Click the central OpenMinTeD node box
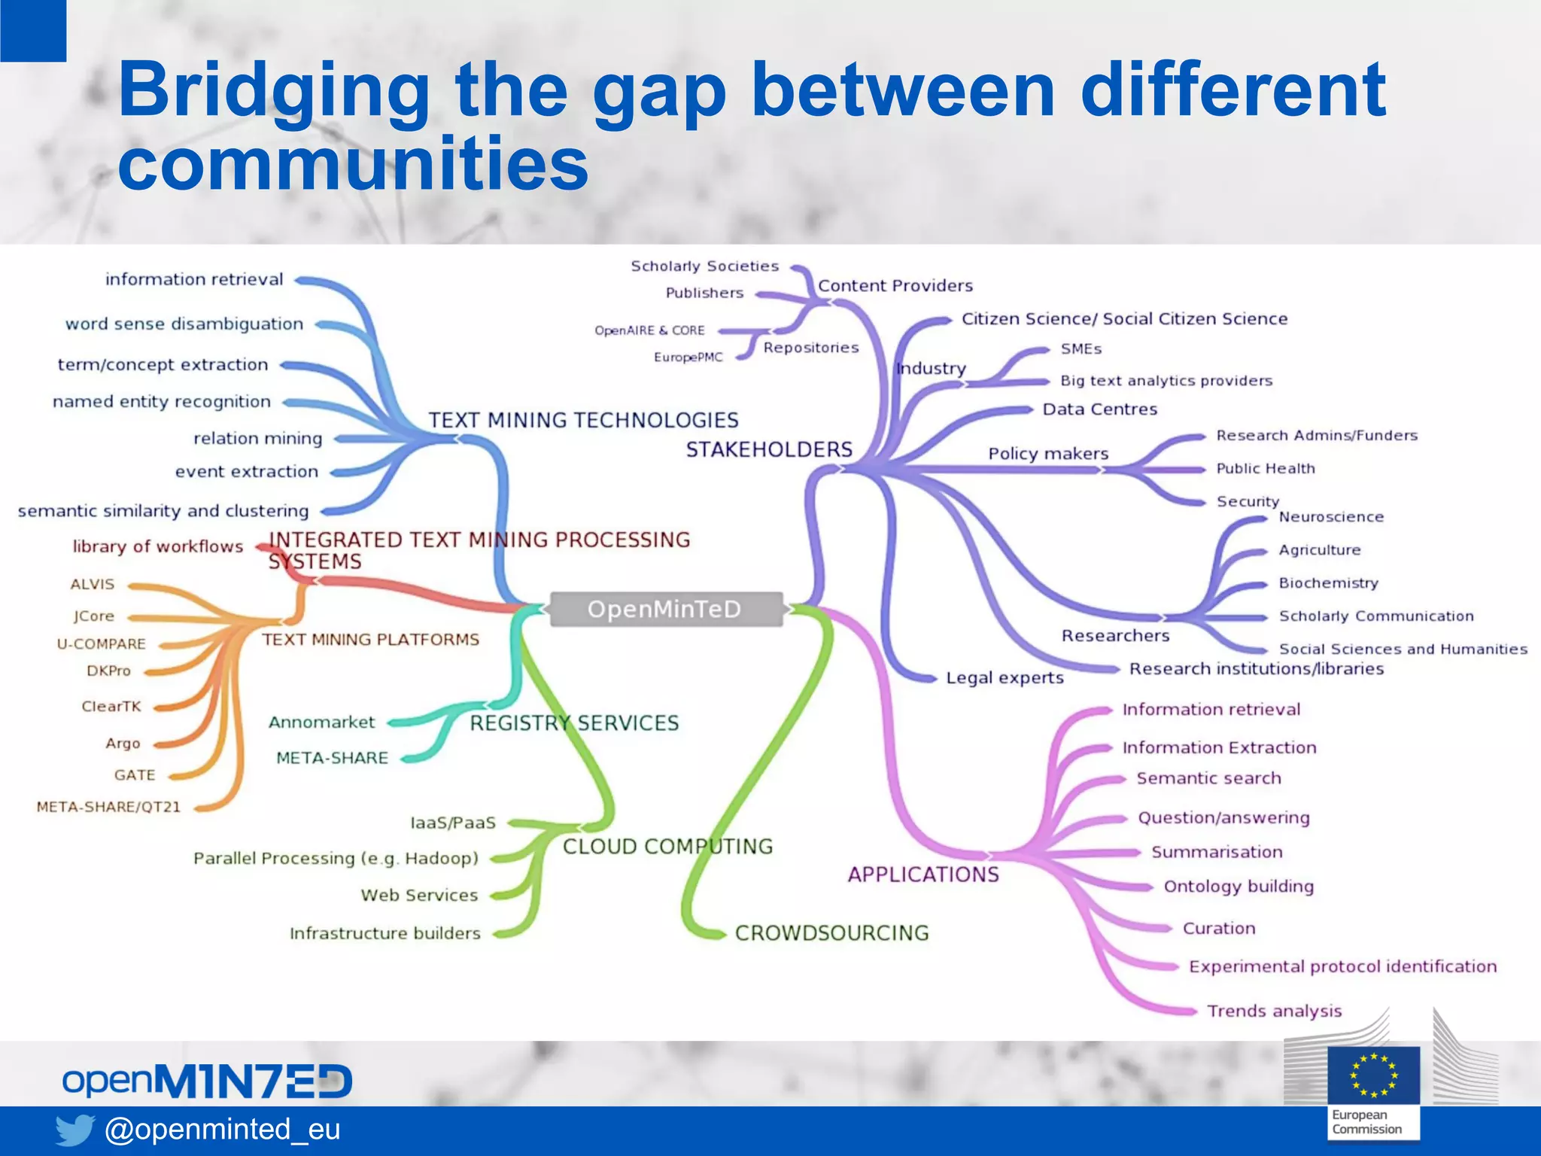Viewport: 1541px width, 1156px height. tap(665, 609)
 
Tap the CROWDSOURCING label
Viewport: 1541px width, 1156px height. tap(831, 932)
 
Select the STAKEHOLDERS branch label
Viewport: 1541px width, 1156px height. tap(768, 449)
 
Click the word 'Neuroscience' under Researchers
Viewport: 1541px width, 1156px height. tap(1331, 517)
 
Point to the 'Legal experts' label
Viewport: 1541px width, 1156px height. tap(1005, 677)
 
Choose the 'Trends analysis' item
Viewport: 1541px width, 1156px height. tap(1274, 1011)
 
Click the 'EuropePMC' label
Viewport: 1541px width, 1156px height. tap(688, 357)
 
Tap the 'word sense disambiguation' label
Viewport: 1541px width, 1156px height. tap(184, 324)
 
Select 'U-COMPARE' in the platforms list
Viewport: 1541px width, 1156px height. tap(102, 644)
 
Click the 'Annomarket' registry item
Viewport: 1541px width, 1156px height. tap(321, 722)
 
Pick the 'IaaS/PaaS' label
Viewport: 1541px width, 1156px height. tap(453, 823)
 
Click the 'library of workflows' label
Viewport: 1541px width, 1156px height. tap(158, 546)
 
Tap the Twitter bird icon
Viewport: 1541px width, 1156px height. tap(74, 1130)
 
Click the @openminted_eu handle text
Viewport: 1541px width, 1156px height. tap(223, 1129)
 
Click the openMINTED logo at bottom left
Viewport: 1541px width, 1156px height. tap(207, 1081)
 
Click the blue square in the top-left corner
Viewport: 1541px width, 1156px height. tap(32, 30)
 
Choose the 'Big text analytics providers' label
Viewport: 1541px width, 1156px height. tap(1166, 381)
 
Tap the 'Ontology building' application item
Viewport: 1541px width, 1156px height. tap(1239, 887)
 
